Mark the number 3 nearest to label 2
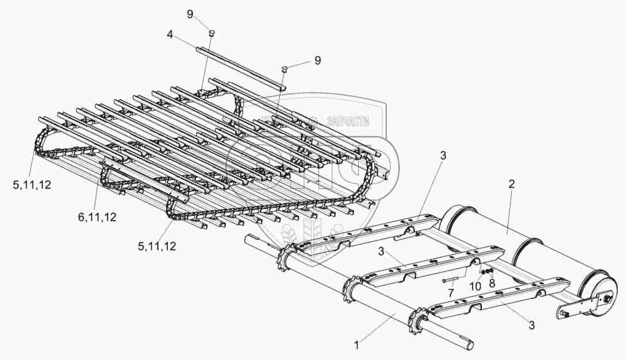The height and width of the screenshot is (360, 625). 443,155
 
